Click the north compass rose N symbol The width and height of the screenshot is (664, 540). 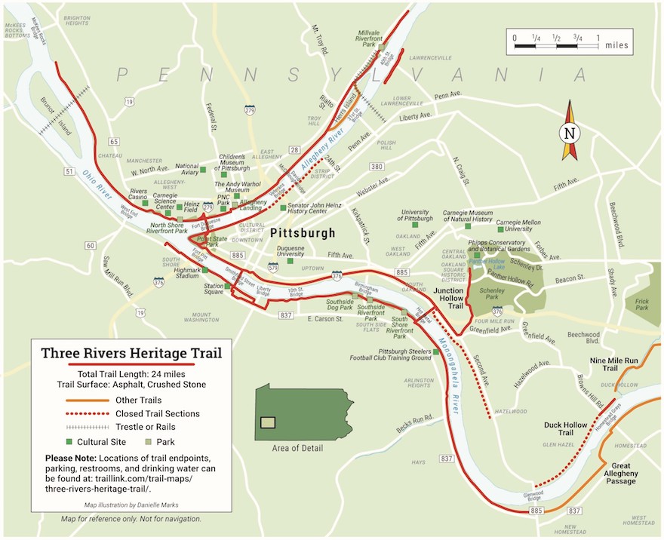tap(569, 134)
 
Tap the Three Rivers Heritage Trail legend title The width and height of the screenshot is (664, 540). tap(126, 353)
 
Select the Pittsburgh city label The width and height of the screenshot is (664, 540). tap(302, 233)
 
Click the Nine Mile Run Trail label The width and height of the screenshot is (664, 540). tap(614, 365)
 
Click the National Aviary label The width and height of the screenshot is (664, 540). tap(186, 170)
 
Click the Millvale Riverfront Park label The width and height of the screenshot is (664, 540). tap(358, 39)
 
